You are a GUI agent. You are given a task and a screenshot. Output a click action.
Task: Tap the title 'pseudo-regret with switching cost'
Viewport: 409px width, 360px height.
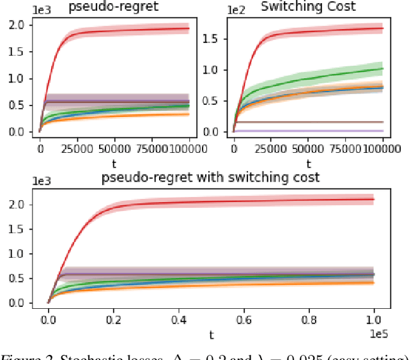[210, 177]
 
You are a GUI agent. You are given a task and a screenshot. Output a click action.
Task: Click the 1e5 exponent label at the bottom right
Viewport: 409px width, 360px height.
[382, 333]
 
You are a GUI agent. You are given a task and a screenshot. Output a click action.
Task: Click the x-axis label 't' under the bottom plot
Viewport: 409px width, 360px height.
[210, 334]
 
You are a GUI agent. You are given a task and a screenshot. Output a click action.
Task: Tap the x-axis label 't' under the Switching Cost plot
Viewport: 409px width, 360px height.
[307, 162]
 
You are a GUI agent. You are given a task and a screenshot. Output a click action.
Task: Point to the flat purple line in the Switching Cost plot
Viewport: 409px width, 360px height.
[307, 131]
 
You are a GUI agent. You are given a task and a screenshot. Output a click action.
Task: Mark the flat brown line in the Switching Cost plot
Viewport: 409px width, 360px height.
[307, 121]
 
